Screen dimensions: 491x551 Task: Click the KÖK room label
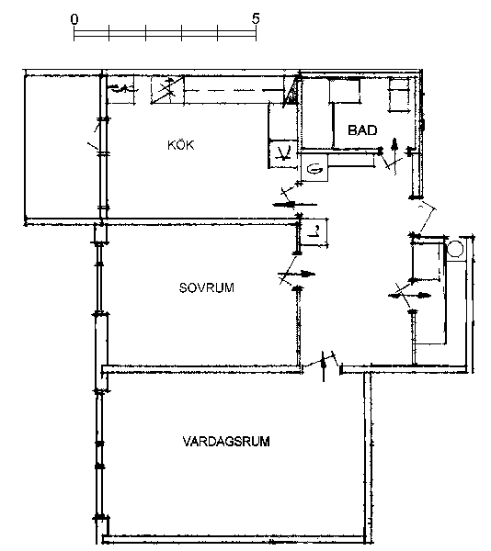(181, 144)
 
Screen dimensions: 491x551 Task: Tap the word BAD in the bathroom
(362, 130)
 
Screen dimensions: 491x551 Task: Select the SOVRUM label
(207, 287)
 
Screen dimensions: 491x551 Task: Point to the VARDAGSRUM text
(226, 442)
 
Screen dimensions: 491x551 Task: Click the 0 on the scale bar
(74, 19)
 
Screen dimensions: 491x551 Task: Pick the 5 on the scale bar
(256, 18)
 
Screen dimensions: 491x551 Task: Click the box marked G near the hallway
(314, 168)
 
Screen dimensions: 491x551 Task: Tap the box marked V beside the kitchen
(283, 153)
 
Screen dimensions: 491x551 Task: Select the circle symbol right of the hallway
(455, 249)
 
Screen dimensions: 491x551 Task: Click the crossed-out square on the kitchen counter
(167, 90)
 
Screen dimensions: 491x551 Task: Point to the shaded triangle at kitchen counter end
(291, 92)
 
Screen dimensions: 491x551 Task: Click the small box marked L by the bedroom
(314, 232)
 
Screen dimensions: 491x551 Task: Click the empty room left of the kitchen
(63, 147)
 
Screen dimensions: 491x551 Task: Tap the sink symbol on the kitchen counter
(120, 89)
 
